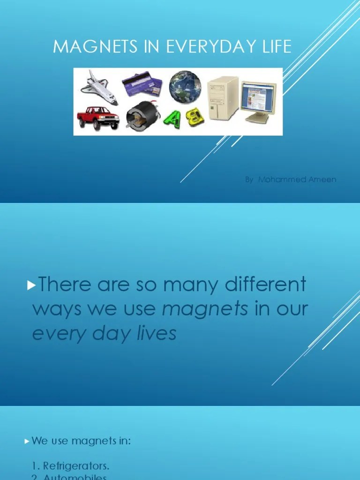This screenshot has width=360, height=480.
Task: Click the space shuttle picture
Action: pyautogui.click(x=99, y=87)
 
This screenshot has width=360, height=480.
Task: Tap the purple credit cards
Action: pyautogui.click(x=142, y=84)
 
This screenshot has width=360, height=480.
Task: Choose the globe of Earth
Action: pyautogui.click(x=185, y=87)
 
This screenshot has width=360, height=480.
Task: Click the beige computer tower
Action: pyautogui.click(x=223, y=98)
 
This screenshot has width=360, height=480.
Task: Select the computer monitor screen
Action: pyautogui.click(x=258, y=97)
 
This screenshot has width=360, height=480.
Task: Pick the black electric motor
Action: pyautogui.click(x=140, y=117)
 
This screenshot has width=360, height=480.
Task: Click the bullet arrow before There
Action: pyautogui.click(x=32, y=285)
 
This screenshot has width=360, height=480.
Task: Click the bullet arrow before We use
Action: pyautogui.click(x=27, y=441)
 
